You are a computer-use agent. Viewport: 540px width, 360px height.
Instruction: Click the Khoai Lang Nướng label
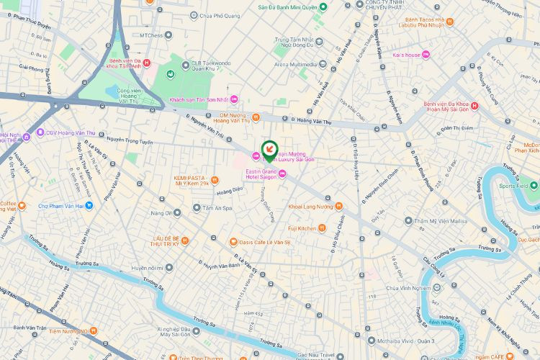click(310, 207)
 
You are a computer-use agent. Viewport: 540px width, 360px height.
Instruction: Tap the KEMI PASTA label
click(192, 180)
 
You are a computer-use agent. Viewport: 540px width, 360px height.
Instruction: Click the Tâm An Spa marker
click(197, 208)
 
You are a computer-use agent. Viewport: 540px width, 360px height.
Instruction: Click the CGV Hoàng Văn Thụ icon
click(40, 132)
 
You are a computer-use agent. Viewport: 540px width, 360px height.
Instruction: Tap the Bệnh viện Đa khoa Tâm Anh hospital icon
click(147, 63)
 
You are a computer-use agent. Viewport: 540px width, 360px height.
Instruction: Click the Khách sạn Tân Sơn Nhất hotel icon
click(233, 99)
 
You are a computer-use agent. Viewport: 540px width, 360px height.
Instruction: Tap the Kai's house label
click(406, 55)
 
